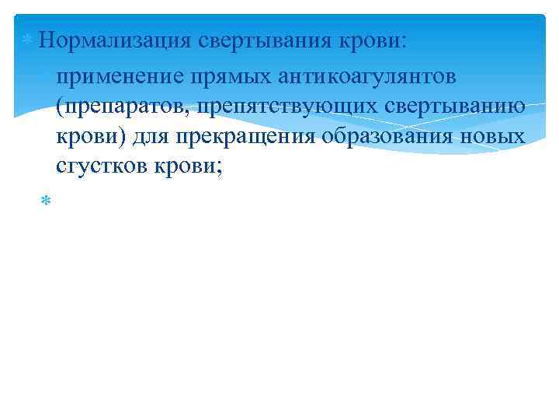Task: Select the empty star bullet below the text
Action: point(45,201)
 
